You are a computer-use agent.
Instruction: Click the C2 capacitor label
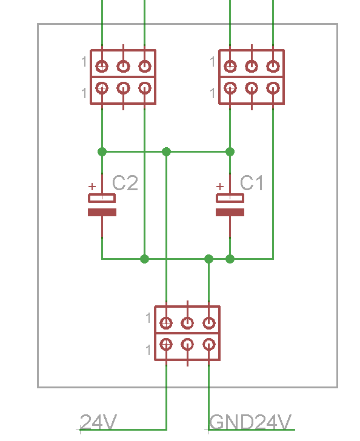[x=125, y=183]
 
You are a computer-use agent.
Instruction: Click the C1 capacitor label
[x=252, y=183]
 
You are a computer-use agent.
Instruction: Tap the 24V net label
[x=98, y=422]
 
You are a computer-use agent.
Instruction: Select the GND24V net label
[x=250, y=422]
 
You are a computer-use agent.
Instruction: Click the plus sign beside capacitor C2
[x=92, y=187]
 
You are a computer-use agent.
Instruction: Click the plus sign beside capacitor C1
[x=220, y=187]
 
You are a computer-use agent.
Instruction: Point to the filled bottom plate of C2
[x=102, y=213]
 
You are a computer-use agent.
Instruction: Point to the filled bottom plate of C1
[x=230, y=213]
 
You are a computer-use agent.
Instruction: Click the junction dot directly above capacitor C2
[x=102, y=152]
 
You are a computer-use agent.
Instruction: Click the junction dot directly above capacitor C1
[x=230, y=152]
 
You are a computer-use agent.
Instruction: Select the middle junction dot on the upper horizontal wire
[x=166, y=152]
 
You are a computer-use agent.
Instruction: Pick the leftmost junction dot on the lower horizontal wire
[x=144, y=259]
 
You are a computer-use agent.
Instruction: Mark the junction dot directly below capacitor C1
[x=230, y=259]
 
